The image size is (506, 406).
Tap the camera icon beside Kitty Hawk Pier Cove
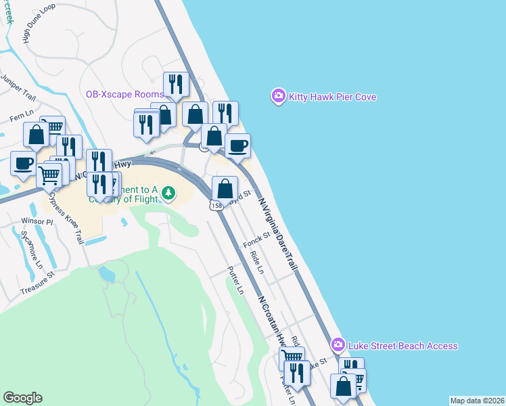click(x=278, y=97)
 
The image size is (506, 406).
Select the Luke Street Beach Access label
click(x=402, y=346)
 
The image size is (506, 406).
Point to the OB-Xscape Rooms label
click(x=124, y=93)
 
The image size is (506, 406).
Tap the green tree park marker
click(x=168, y=194)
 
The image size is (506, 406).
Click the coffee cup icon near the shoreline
click(x=237, y=145)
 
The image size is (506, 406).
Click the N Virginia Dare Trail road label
click(x=277, y=230)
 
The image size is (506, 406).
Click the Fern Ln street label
click(x=21, y=117)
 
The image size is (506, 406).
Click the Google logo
click(x=22, y=398)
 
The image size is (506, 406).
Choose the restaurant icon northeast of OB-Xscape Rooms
click(x=175, y=84)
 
